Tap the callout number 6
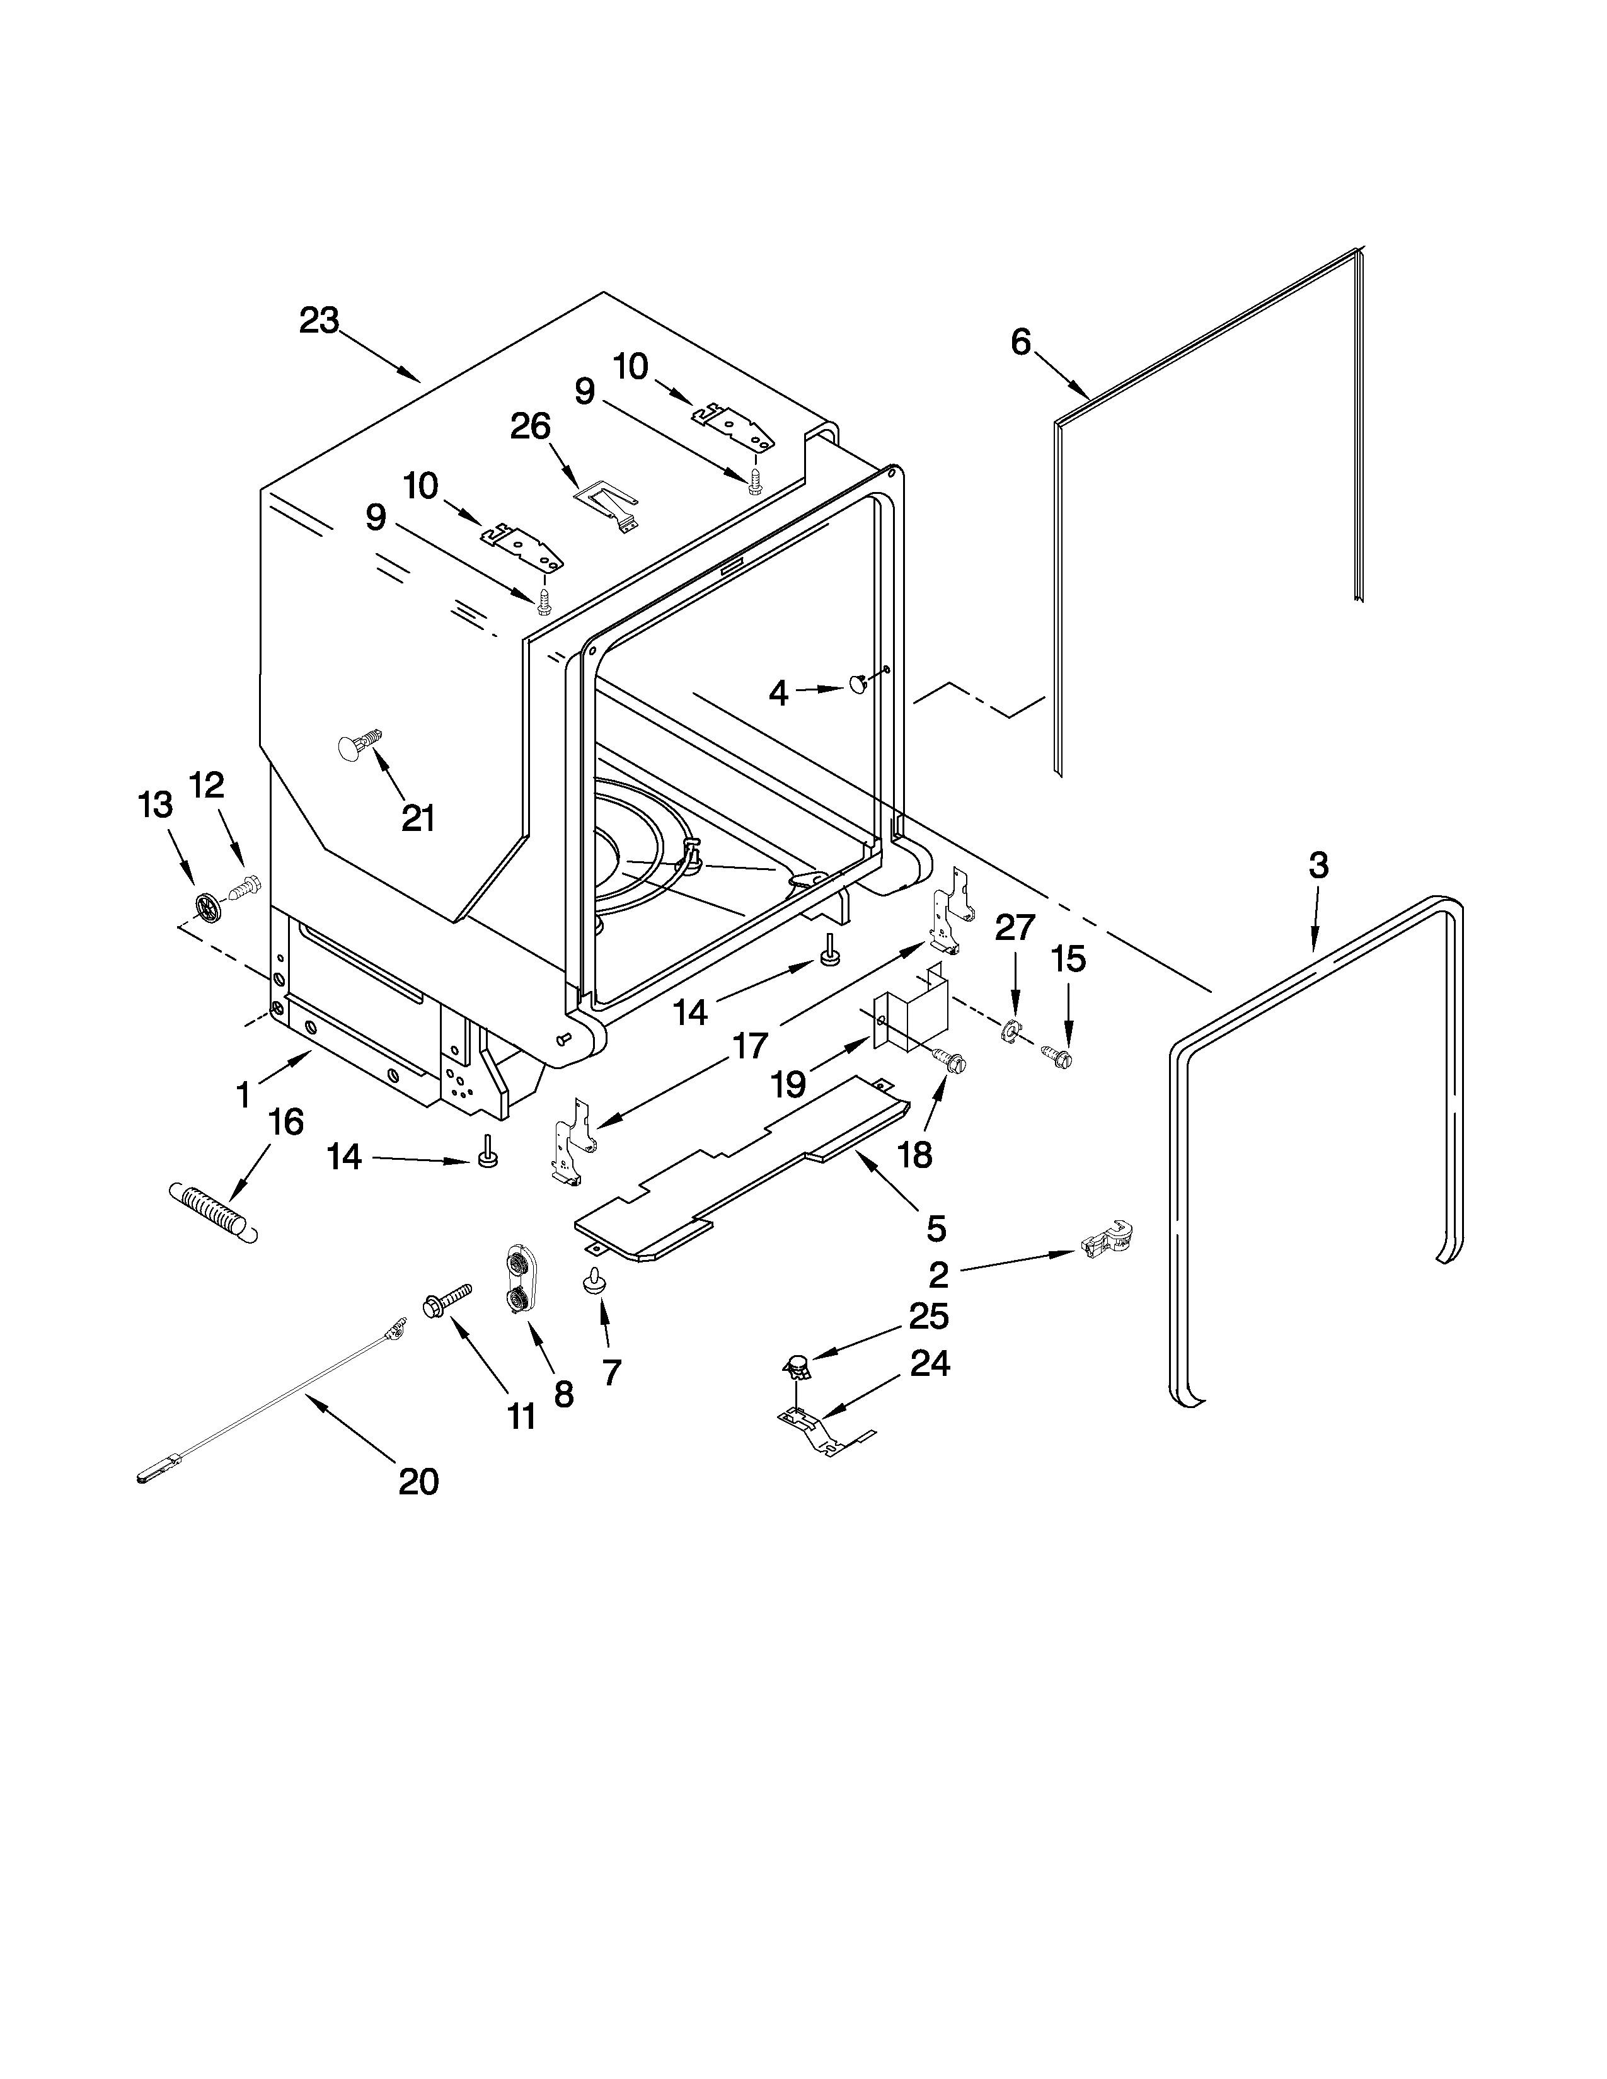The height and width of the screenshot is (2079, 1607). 1020,341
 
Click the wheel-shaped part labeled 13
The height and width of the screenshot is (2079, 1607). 205,907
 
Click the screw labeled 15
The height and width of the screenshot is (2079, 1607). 1057,1054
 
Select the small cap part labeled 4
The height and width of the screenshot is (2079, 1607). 858,684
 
